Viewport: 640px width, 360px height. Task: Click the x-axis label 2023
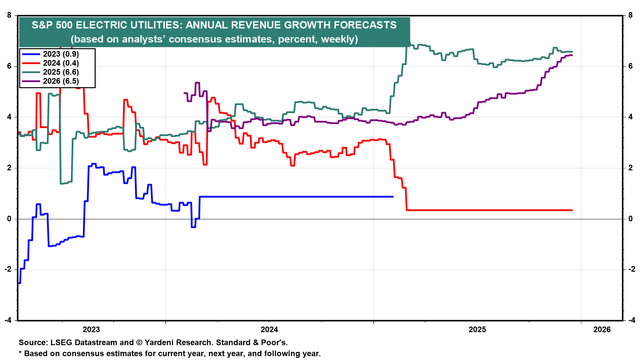[x=91, y=330]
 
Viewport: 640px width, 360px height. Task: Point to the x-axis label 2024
[x=269, y=330]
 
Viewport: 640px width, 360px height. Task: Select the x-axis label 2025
[x=477, y=330]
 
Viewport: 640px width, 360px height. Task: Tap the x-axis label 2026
[x=602, y=330]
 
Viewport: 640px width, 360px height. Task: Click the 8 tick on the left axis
[x=9, y=15]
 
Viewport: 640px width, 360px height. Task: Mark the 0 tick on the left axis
[x=9, y=219]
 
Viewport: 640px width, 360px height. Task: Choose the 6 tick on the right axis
[x=630, y=66]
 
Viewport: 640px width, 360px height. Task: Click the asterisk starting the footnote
[x=20, y=353]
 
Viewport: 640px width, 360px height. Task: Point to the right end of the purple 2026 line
[x=572, y=55]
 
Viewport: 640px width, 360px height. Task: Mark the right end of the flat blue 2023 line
[x=393, y=197]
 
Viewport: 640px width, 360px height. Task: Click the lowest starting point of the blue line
[x=19, y=283]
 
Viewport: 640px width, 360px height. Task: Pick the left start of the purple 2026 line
[x=184, y=93]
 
